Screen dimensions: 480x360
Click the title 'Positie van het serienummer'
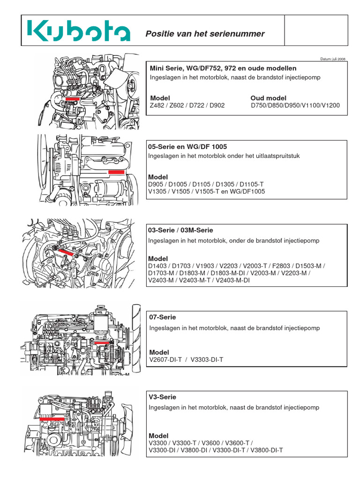point(205,34)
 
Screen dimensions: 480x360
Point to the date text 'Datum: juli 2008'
point(332,59)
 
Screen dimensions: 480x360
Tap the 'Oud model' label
point(268,97)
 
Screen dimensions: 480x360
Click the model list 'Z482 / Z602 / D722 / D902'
point(187,105)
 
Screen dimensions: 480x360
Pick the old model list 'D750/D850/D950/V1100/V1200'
point(295,105)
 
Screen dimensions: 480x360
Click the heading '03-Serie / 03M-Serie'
point(180,230)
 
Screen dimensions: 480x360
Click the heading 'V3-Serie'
point(162,397)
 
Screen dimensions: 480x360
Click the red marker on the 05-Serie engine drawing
point(116,172)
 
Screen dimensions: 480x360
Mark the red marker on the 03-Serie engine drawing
point(66,252)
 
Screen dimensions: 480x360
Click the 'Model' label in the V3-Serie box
point(158,435)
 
